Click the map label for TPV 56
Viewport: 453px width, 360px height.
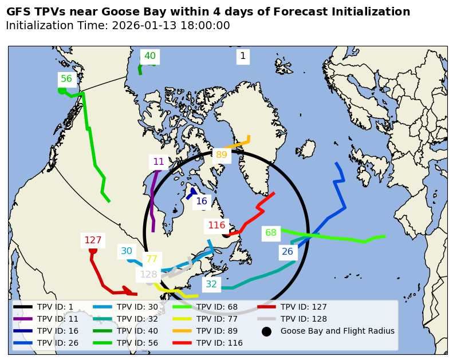pos(66,79)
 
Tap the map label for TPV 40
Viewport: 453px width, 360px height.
pos(149,56)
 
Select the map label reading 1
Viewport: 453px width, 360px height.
pos(243,56)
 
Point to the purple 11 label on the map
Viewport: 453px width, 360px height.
pos(159,162)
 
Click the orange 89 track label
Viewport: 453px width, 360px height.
pos(222,155)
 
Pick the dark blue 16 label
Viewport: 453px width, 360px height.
pos(202,201)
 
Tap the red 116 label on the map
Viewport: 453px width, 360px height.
pos(216,226)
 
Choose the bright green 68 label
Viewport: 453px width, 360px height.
pos(271,233)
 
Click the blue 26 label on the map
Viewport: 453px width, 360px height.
pos(287,252)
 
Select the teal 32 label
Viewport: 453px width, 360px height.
pos(211,284)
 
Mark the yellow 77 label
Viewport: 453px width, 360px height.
pos(151,259)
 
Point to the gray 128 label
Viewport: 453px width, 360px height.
pos(148,274)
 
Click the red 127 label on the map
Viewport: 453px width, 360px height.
pos(93,240)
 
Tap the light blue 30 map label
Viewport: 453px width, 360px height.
pos(127,251)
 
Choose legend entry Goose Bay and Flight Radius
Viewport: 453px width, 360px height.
pos(337,331)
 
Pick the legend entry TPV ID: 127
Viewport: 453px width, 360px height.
pos(304,307)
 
